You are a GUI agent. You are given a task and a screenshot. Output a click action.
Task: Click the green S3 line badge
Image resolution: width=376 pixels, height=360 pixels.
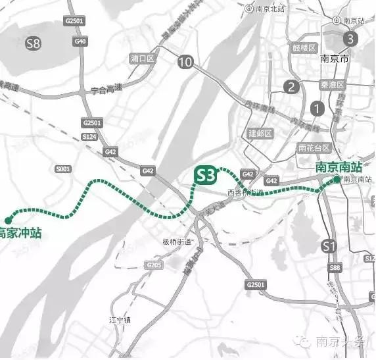206,174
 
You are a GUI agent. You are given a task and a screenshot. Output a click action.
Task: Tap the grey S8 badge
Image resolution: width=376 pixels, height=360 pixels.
33,44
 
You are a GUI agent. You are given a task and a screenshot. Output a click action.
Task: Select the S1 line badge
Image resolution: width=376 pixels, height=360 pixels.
330,247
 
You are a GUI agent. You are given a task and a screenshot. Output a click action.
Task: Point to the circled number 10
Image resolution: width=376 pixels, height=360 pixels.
186,63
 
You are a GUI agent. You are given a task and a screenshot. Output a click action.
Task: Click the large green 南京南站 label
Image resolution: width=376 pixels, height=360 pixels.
339,167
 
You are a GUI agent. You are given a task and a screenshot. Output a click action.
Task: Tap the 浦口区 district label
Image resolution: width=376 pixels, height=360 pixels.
142,59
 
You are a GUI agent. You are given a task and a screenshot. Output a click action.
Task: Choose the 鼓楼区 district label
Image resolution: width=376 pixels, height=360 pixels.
305,48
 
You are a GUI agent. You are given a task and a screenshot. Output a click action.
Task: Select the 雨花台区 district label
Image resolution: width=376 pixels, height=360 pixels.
312,148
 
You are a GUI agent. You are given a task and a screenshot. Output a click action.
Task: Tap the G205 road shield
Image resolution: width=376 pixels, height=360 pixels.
155,265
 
